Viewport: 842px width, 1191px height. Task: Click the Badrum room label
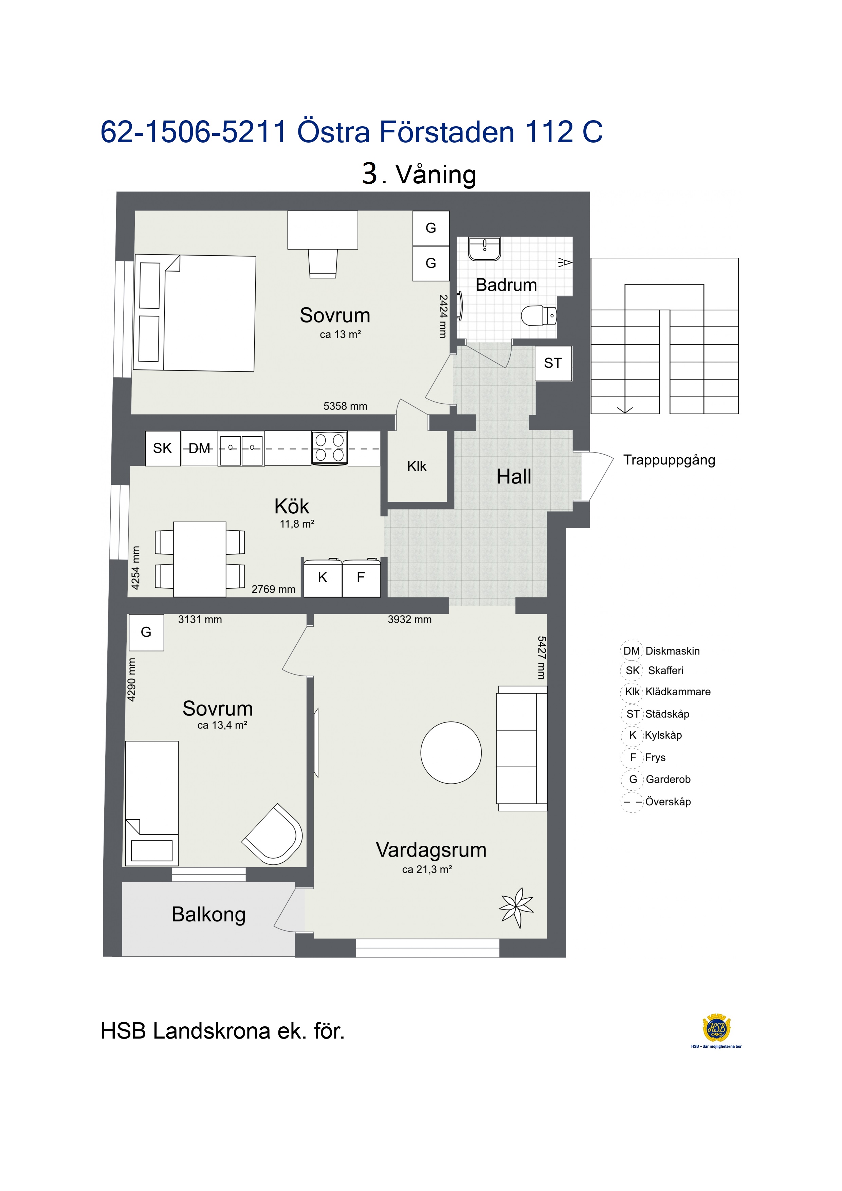pyautogui.click(x=506, y=285)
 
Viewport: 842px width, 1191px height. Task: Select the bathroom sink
pyautogui.click(x=484, y=249)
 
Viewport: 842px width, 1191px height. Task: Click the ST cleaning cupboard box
pyautogui.click(x=553, y=363)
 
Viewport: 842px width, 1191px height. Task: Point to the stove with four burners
pyautogui.click(x=329, y=448)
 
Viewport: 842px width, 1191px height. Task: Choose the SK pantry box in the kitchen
pyautogui.click(x=162, y=448)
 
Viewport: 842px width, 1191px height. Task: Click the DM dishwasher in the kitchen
pyautogui.click(x=200, y=448)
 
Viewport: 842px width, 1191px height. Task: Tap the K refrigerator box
pyautogui.click(x=323, y=578)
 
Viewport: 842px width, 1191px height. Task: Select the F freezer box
pyautogui.click(x=361, y=578)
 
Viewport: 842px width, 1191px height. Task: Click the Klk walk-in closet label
pyautogui.click(x=417, y=466)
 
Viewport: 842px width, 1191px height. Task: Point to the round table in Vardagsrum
pyautogui.click(x=451, y=752)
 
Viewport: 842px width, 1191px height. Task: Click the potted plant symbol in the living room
pyautogui.click(x=516, y=907)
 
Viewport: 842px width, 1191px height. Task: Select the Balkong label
pyautogui.click(x=208, y=915)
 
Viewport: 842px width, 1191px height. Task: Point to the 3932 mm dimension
pyautogui.click(x=410, y=619)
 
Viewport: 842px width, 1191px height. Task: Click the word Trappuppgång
pyautogui.click(x=669, y=460)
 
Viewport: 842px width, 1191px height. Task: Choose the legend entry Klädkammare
pyautogui.click(x=678, y=692)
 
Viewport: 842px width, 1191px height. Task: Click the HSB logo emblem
pyautogui.click(x=716, y=1028)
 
